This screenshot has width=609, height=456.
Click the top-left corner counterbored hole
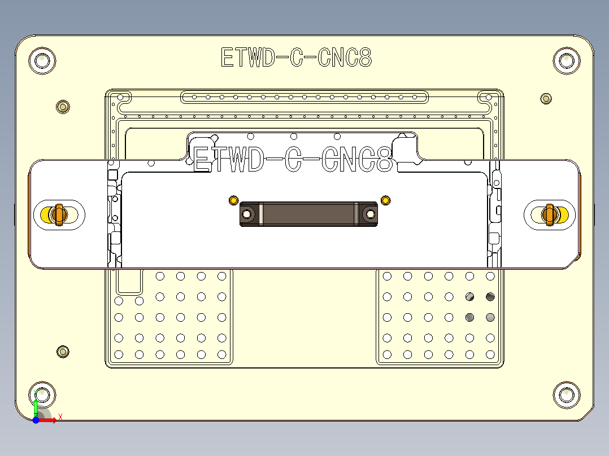pos(42,60)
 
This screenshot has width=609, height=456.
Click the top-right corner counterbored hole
pos(566,60)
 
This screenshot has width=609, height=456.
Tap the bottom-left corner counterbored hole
pos(42,394)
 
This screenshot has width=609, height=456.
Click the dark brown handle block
pos(308,214)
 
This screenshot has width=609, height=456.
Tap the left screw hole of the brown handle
pos(247,214)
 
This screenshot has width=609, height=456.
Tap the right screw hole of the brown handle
pos(370,214)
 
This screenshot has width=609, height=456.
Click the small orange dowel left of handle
pos(233,200)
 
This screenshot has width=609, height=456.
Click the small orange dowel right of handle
pos(385,200)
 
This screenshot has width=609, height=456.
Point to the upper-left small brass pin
pos(63,106)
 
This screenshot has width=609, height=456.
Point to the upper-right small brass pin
pos(546,99)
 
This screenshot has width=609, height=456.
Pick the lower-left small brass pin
pos(63,352)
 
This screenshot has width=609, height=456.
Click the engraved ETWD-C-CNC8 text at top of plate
pos(296,58)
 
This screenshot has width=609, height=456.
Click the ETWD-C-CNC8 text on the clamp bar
pos(293,160)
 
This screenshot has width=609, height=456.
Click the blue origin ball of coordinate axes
pos(36,420)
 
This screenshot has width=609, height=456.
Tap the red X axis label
pos(60,417)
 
